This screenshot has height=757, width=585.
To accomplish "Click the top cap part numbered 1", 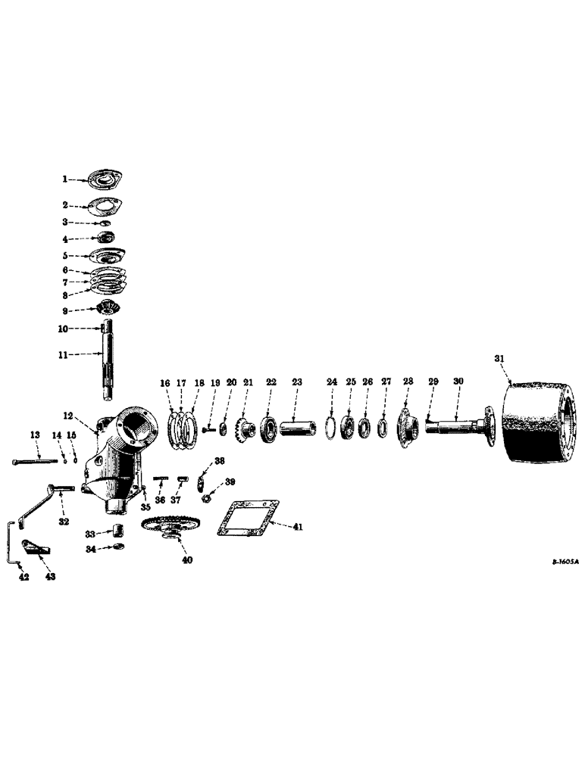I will point(104,180).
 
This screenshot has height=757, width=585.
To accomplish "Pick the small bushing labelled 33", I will point(119,528).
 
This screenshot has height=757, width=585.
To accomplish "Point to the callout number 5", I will point(66,256).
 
